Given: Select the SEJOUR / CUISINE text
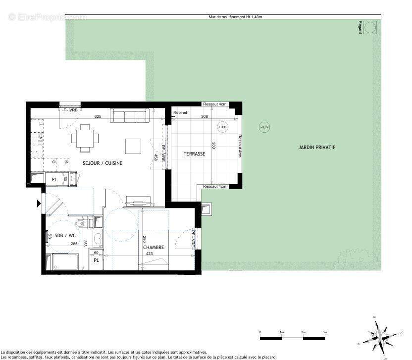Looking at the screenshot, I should (103, 163).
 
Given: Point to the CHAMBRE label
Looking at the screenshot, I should (153, 248).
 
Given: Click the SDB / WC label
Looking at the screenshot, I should (65, 235).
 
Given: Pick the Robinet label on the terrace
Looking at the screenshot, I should (180, 113).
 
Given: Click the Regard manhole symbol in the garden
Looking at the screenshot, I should (370, 28).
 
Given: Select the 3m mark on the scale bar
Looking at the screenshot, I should (325, 332).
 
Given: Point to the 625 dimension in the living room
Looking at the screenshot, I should (98, 116).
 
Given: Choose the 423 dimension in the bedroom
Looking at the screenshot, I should (149, 254).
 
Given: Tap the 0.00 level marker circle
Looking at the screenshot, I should (223, 127).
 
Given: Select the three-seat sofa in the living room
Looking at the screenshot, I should (129, 116).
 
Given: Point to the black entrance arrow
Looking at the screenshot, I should (39, 203).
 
